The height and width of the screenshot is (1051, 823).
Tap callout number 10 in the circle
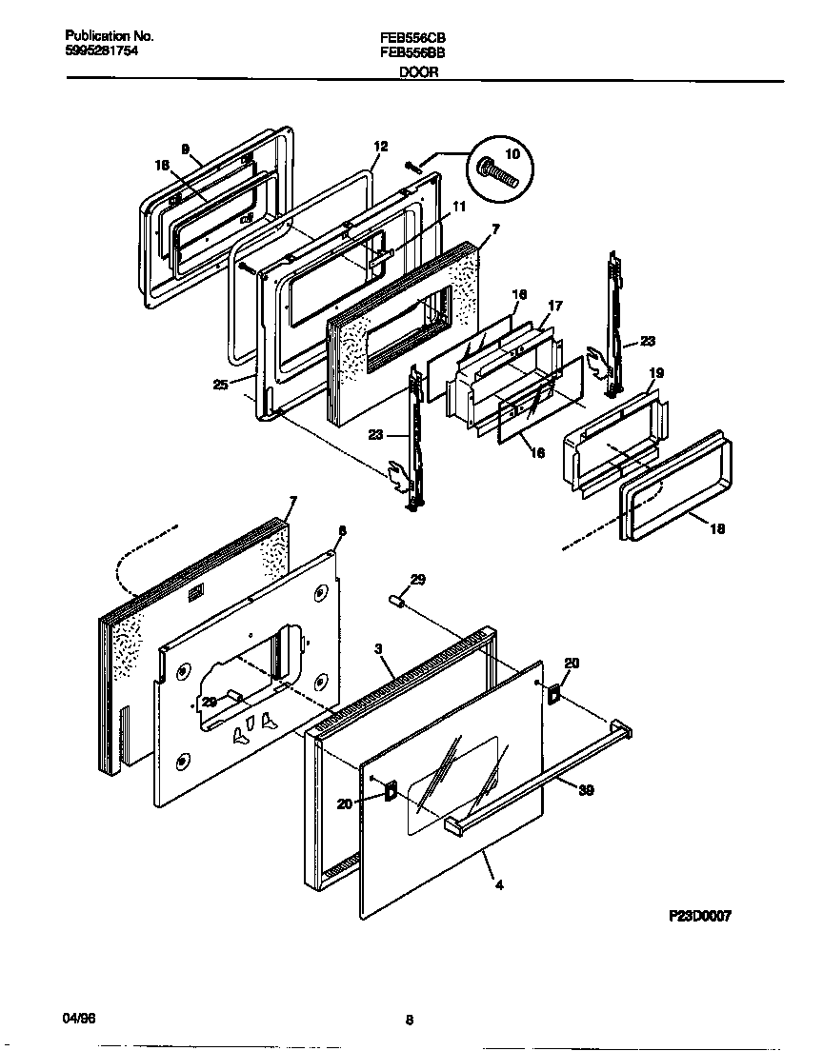tap(512, 154)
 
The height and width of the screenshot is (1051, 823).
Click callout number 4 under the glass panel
tap(499, 884)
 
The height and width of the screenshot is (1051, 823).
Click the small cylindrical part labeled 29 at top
tap(399, 602)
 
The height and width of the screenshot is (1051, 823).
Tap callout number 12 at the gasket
tap(381, 147)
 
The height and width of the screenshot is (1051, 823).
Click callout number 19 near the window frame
tap(656, 373)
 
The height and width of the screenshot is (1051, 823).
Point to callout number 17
tap(555, 306)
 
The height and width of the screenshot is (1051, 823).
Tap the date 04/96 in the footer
tap(77, 1019)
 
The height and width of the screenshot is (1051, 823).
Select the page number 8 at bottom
tap(409, 1021)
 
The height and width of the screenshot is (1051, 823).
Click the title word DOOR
tap(418, 73)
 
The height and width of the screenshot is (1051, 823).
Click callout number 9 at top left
tap(186, 149)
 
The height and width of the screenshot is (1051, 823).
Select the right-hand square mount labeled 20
tap(552, 697)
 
